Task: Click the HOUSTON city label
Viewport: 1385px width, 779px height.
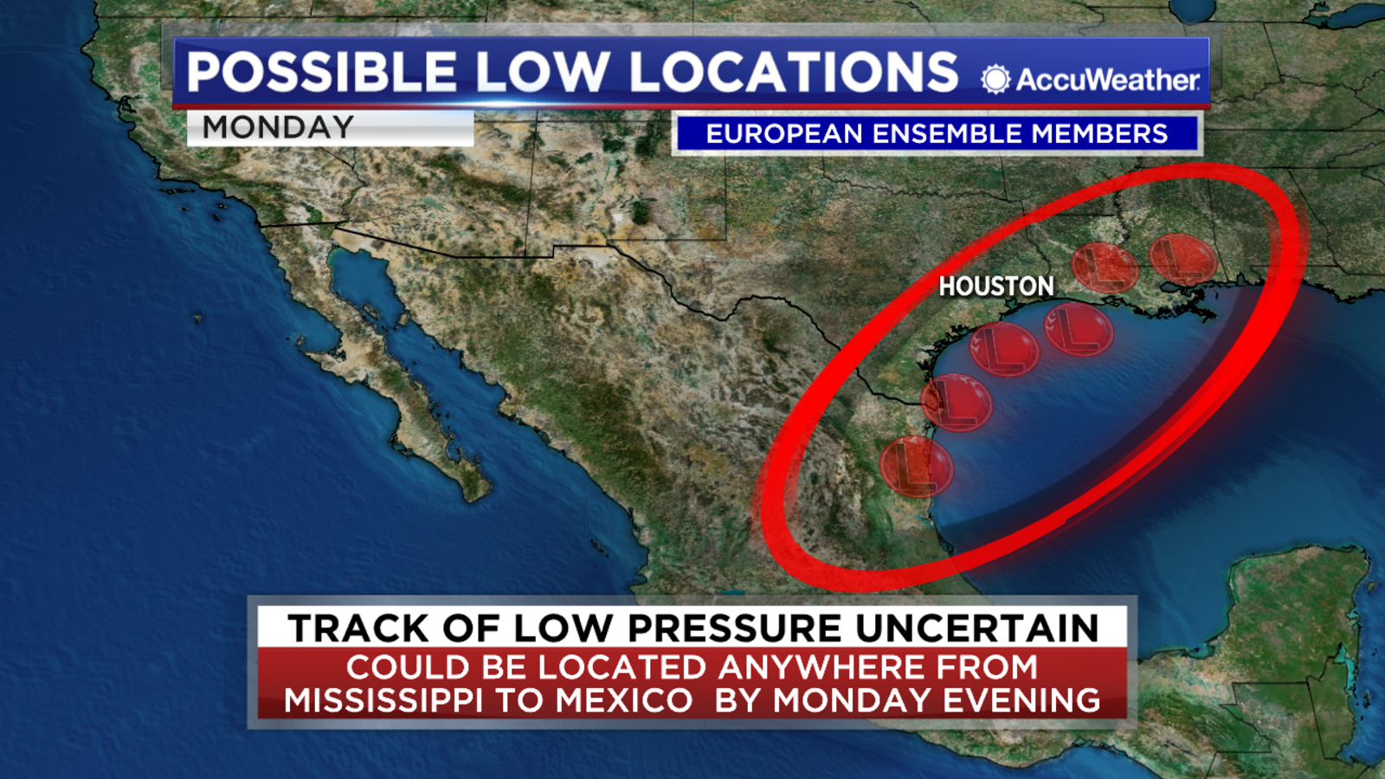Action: coord(996,286)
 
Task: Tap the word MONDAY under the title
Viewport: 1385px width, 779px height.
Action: coord(278,127)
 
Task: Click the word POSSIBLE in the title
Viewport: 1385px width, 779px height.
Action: coord(321,72)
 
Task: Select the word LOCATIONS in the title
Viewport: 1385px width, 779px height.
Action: coord(794,72)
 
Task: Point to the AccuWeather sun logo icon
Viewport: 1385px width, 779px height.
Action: coord(995,80)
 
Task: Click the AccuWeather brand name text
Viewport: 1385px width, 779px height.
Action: coord(1108,80)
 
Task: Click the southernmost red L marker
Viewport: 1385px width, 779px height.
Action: coord(916,467)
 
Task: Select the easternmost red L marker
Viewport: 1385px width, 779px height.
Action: coord(1182,257)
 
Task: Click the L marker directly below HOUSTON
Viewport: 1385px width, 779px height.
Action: coord(1004,349)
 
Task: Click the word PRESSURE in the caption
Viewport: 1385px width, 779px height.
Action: coord(734,628)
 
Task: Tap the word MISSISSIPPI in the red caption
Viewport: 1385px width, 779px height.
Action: coord(383,700)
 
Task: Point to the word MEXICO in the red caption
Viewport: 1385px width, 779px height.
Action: coord(623,700)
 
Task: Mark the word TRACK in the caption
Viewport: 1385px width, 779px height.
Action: coord(358,628)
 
